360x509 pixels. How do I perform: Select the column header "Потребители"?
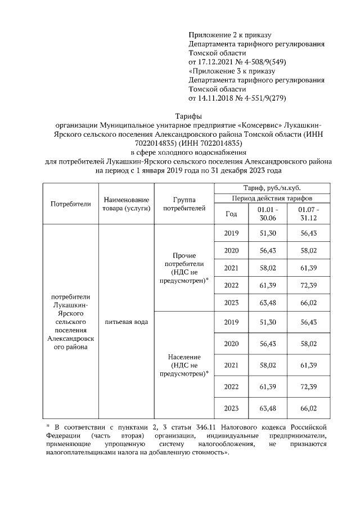tap(71, 204)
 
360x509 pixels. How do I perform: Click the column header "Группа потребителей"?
tap(184, 204)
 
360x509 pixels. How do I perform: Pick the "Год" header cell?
tap(231, 214)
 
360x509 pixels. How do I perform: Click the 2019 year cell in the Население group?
tap(231, 322)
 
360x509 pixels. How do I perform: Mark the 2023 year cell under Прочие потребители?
tap(231, 302)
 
